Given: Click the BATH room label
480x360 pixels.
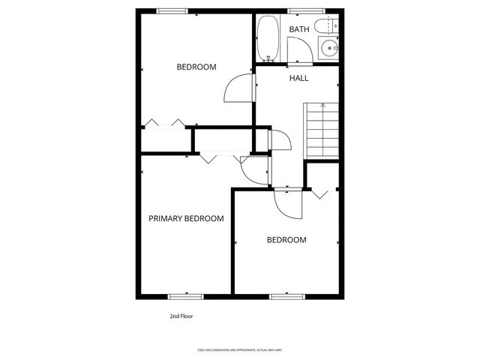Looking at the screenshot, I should tap(299, 30).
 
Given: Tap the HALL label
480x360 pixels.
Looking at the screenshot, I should tap(298, 78).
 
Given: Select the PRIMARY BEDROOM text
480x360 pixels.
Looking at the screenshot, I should tap(186, 219).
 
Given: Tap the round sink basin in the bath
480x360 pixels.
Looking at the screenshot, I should tap(328, 49).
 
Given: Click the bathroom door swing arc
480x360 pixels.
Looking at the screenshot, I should tap(298, 52).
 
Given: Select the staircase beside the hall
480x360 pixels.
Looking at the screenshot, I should tap(322, 130).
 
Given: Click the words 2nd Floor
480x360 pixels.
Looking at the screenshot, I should tap(181, 316).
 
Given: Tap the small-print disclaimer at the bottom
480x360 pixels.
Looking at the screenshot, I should tap(238, 349).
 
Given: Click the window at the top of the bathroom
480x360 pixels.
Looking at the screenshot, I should tap(301, 10).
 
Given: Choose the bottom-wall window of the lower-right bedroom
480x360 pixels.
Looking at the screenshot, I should tap(286, 297).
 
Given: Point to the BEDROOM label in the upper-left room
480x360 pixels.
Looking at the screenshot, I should tap(196, 67).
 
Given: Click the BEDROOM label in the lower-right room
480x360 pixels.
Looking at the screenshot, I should tap(287, 240).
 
